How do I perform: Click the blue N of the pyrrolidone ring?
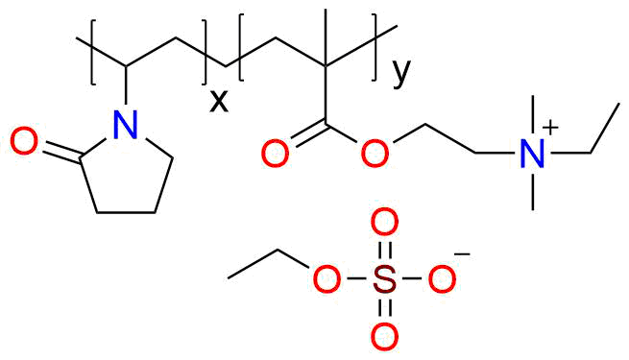[x=126, y=124]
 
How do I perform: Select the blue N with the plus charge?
[x=532, y=154]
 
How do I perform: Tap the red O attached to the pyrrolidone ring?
[x=24, y=141]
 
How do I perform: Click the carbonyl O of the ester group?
[x=275, y=154]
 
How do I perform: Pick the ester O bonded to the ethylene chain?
[x=375, y=154]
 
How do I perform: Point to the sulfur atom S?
[x=384, y=278]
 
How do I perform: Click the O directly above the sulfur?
[x=384, y=221]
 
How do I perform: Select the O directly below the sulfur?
[x=384, y=336]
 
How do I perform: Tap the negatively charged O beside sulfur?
[x=442, y=278]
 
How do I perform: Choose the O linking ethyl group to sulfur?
[x=327, y=278]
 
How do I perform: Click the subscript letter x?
[x=219, y=101]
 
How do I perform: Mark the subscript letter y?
[x=401, y=74]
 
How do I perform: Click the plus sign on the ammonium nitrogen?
[x=550, y=128]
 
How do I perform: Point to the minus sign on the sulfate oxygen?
[x=463, y=253]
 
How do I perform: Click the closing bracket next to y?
[x=375, y=48]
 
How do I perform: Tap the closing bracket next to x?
[x=204, y=54]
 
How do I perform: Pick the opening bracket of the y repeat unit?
[x=241, y=48]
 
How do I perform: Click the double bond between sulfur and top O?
[x=384, y=250]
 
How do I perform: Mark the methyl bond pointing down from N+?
[x=533, y=189]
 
